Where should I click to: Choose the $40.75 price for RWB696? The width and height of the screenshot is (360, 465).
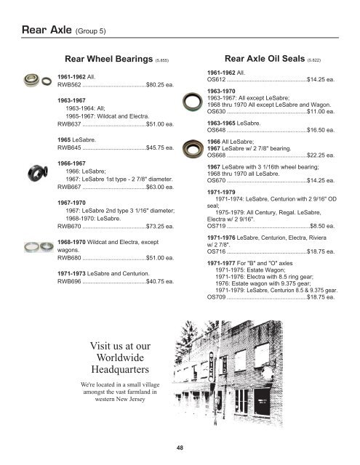pyautogui.click(x=159, y=280)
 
